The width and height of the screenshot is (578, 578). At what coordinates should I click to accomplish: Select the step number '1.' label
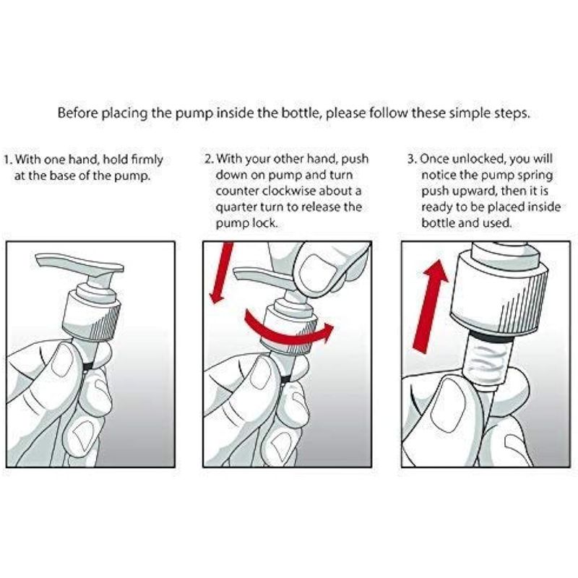tap(9, 160)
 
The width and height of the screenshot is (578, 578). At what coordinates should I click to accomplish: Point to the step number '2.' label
tap(210, 159)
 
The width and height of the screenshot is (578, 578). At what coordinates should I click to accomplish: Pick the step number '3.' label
tap(412, 159)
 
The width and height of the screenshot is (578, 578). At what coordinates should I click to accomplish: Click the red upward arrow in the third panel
tap(431, 306)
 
